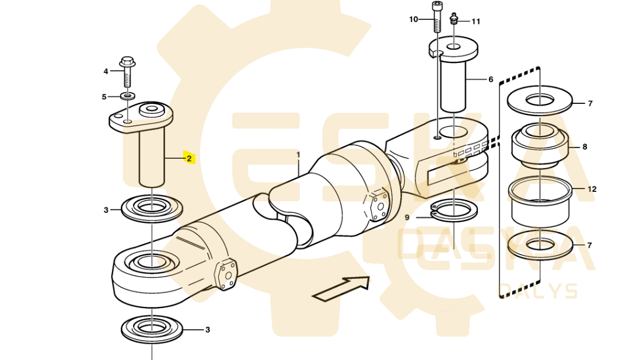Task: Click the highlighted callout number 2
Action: (x=189, y=159)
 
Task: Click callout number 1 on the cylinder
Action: (x=299, y=155)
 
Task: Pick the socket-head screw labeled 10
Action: (x=436, y=17)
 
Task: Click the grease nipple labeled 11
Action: (x=454, y=18)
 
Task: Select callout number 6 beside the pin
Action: (x=491, y=79)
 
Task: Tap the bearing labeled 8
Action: (x=540, y=145)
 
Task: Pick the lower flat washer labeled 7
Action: (x=540, y=244)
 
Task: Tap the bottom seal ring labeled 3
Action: (x=152, y=328)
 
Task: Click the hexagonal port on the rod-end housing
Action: (x=378, y=205)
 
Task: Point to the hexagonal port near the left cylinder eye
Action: (x=226, y=274)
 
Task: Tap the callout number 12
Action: (x=592, y=190)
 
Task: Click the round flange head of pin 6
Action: (x=453, y=47)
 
